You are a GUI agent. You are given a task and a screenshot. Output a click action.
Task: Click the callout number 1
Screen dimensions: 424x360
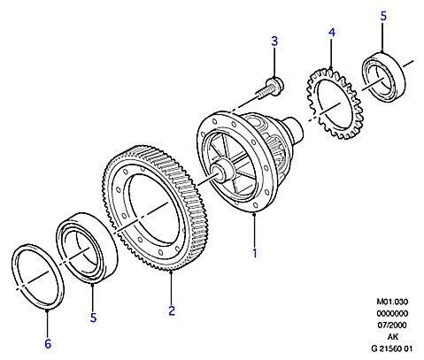coord(255,253)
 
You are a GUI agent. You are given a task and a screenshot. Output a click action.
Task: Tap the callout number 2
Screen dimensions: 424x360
coord(172,310)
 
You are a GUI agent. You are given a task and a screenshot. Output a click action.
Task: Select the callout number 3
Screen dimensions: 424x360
coord(274,42)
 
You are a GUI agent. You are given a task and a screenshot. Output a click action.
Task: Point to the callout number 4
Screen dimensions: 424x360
coord(332,33)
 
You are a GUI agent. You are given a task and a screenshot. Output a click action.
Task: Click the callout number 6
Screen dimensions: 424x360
coord(48,344)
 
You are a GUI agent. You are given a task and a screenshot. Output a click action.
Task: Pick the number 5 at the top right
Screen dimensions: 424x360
coord(383,16)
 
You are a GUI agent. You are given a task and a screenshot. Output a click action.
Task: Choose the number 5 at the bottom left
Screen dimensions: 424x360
coord(93,318)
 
